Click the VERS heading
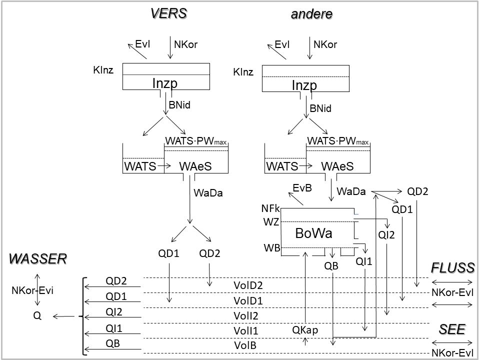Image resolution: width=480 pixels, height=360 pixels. pos(169,13)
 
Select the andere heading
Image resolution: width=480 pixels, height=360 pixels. pos(311,14)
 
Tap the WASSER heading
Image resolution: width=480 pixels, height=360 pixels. pos(38,258)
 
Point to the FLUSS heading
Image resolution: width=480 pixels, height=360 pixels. pos(452,267)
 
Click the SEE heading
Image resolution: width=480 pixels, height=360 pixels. pos(452,329)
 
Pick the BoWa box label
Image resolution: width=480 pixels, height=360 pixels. pos(313,233)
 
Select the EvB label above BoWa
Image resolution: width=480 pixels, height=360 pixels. pos(302,188)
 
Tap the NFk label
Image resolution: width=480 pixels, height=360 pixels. pos(270,208)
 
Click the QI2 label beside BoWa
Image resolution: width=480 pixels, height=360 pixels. pos(386,235)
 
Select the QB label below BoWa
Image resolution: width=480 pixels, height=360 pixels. pos(331,266)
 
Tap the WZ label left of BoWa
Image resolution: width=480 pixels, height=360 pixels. pos(271,221)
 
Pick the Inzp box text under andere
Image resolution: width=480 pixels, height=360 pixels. pos(304,85)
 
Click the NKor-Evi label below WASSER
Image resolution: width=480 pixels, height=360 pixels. pos(32,289)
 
